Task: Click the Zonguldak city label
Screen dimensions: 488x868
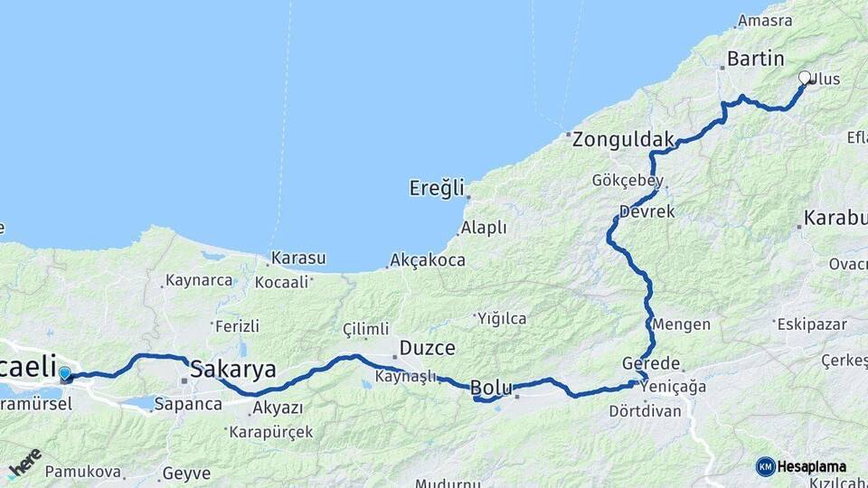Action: (x=624, y=139)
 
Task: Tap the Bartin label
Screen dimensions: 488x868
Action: (x=755, y=60)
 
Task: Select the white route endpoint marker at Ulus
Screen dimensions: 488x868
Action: (x=805, y=78)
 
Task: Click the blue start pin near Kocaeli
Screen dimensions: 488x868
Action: (x=64, y=373)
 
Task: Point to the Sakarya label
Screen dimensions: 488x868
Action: (x=233, y=369)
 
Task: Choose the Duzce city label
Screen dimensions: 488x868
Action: (x=428, y=348)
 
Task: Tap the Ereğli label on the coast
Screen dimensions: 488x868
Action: (x=437, y=188)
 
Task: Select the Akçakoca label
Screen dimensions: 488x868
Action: (x=428, y=260)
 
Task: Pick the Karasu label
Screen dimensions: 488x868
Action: (x=297, y=258)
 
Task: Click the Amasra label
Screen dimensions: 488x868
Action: (x=765, y=20)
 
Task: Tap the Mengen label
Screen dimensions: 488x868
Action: (x=681, y=324)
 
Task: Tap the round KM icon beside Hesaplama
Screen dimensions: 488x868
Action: (x=765, y=466)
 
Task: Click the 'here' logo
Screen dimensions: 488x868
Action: (x=25, y=463)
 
